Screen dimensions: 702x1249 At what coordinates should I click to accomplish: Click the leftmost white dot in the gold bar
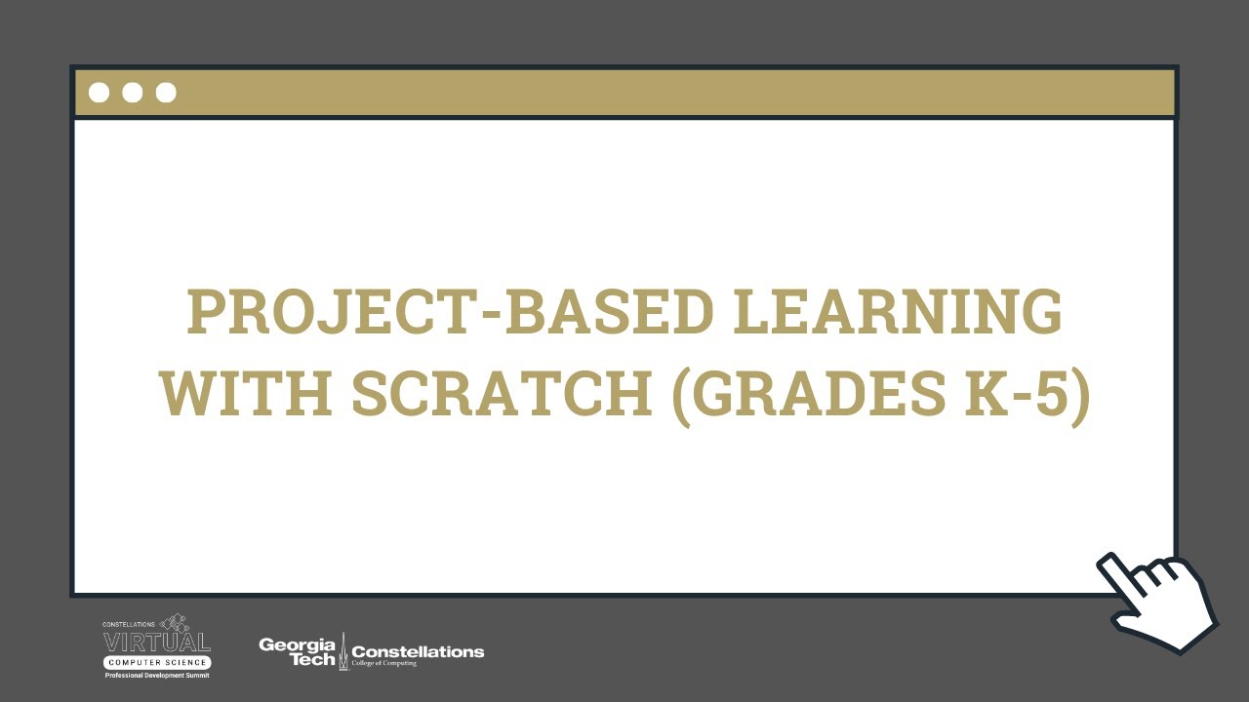99,93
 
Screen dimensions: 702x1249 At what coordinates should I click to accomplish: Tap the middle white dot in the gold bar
133,93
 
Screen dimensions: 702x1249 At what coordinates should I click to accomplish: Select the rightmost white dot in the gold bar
166,93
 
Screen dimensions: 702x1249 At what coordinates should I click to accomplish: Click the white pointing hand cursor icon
1159,600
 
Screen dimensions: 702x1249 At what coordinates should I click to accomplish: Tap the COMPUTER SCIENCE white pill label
156,663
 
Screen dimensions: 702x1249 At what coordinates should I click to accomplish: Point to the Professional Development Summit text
156,675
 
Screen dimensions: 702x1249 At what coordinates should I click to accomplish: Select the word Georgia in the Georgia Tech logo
297,643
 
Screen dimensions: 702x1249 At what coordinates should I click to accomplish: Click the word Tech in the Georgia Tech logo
312,659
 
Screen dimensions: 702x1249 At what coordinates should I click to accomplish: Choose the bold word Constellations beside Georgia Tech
418,650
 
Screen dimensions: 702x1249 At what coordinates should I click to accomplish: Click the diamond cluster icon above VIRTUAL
176,622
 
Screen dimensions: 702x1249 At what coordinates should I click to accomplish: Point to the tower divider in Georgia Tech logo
342,651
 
